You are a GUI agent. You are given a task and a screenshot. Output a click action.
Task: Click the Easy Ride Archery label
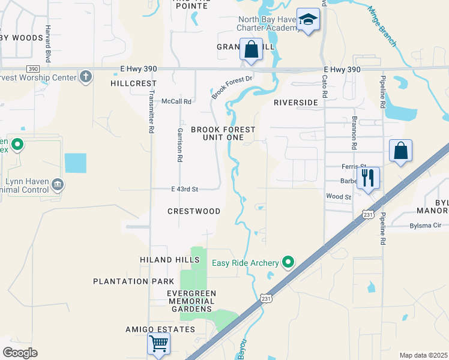245,263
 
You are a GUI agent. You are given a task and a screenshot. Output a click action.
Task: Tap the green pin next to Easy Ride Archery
288,262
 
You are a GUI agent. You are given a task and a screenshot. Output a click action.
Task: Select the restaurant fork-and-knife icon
368,178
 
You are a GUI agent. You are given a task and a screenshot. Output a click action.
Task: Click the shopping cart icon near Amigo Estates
159,344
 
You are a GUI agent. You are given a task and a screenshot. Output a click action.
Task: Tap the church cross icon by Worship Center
86,77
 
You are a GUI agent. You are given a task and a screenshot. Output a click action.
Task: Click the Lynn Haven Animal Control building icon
58,183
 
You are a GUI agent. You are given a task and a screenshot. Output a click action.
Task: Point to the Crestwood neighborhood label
193,211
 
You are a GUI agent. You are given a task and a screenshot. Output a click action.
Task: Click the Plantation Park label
129,281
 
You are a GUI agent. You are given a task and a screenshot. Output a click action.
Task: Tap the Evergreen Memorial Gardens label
191,301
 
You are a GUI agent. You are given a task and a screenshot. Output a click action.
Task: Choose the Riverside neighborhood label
295,103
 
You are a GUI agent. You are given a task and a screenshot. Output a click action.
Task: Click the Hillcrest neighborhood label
133,84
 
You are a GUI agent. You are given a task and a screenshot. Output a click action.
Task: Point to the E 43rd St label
184,189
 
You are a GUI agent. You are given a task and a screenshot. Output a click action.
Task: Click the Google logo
20,352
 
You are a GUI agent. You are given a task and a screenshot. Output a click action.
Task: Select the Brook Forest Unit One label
223,133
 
